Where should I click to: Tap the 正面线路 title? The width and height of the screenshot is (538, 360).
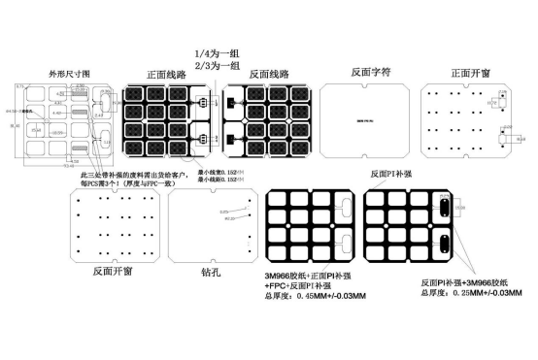tap(171, 74)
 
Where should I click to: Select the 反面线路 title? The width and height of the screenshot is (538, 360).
tap(274, 74)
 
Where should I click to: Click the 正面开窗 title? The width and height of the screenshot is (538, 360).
tap(474, 73)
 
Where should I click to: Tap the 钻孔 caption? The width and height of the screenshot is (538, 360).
tap(211, 272)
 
